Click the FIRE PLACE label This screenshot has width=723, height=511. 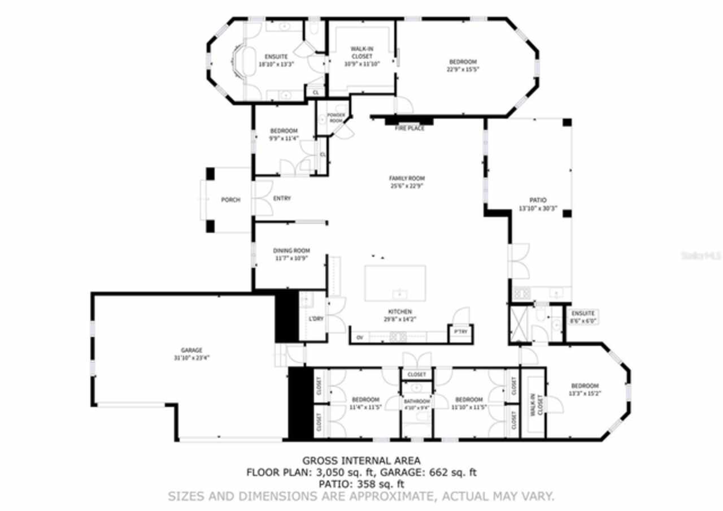tap(410, 128)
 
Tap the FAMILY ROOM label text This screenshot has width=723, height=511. tap(407, 178)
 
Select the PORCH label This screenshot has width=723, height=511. tap(230, 200)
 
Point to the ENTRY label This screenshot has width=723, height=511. tap(282, 198)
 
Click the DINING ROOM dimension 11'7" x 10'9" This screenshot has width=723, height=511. tap(291, 258)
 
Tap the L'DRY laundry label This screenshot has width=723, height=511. tap(316, 319)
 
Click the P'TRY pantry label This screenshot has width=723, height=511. tap(460, 332)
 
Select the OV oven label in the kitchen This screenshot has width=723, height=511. tap(359, 338)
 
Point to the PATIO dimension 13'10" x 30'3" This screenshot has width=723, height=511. tap(538, 208)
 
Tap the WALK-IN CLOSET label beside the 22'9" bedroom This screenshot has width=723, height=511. tap(361, 53)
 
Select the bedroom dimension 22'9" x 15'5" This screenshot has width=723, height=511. tap(463, 70)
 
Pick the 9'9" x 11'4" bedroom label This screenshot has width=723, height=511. tap(283, 135)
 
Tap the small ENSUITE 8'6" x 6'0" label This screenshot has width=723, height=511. tap(583, 317)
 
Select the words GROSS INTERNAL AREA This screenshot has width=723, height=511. tap(361, 461)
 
